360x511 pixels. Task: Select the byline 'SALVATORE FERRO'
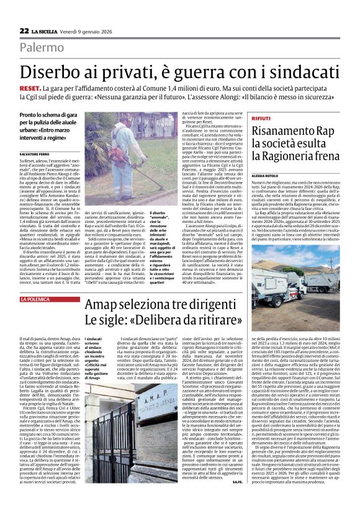tap(35, 153)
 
